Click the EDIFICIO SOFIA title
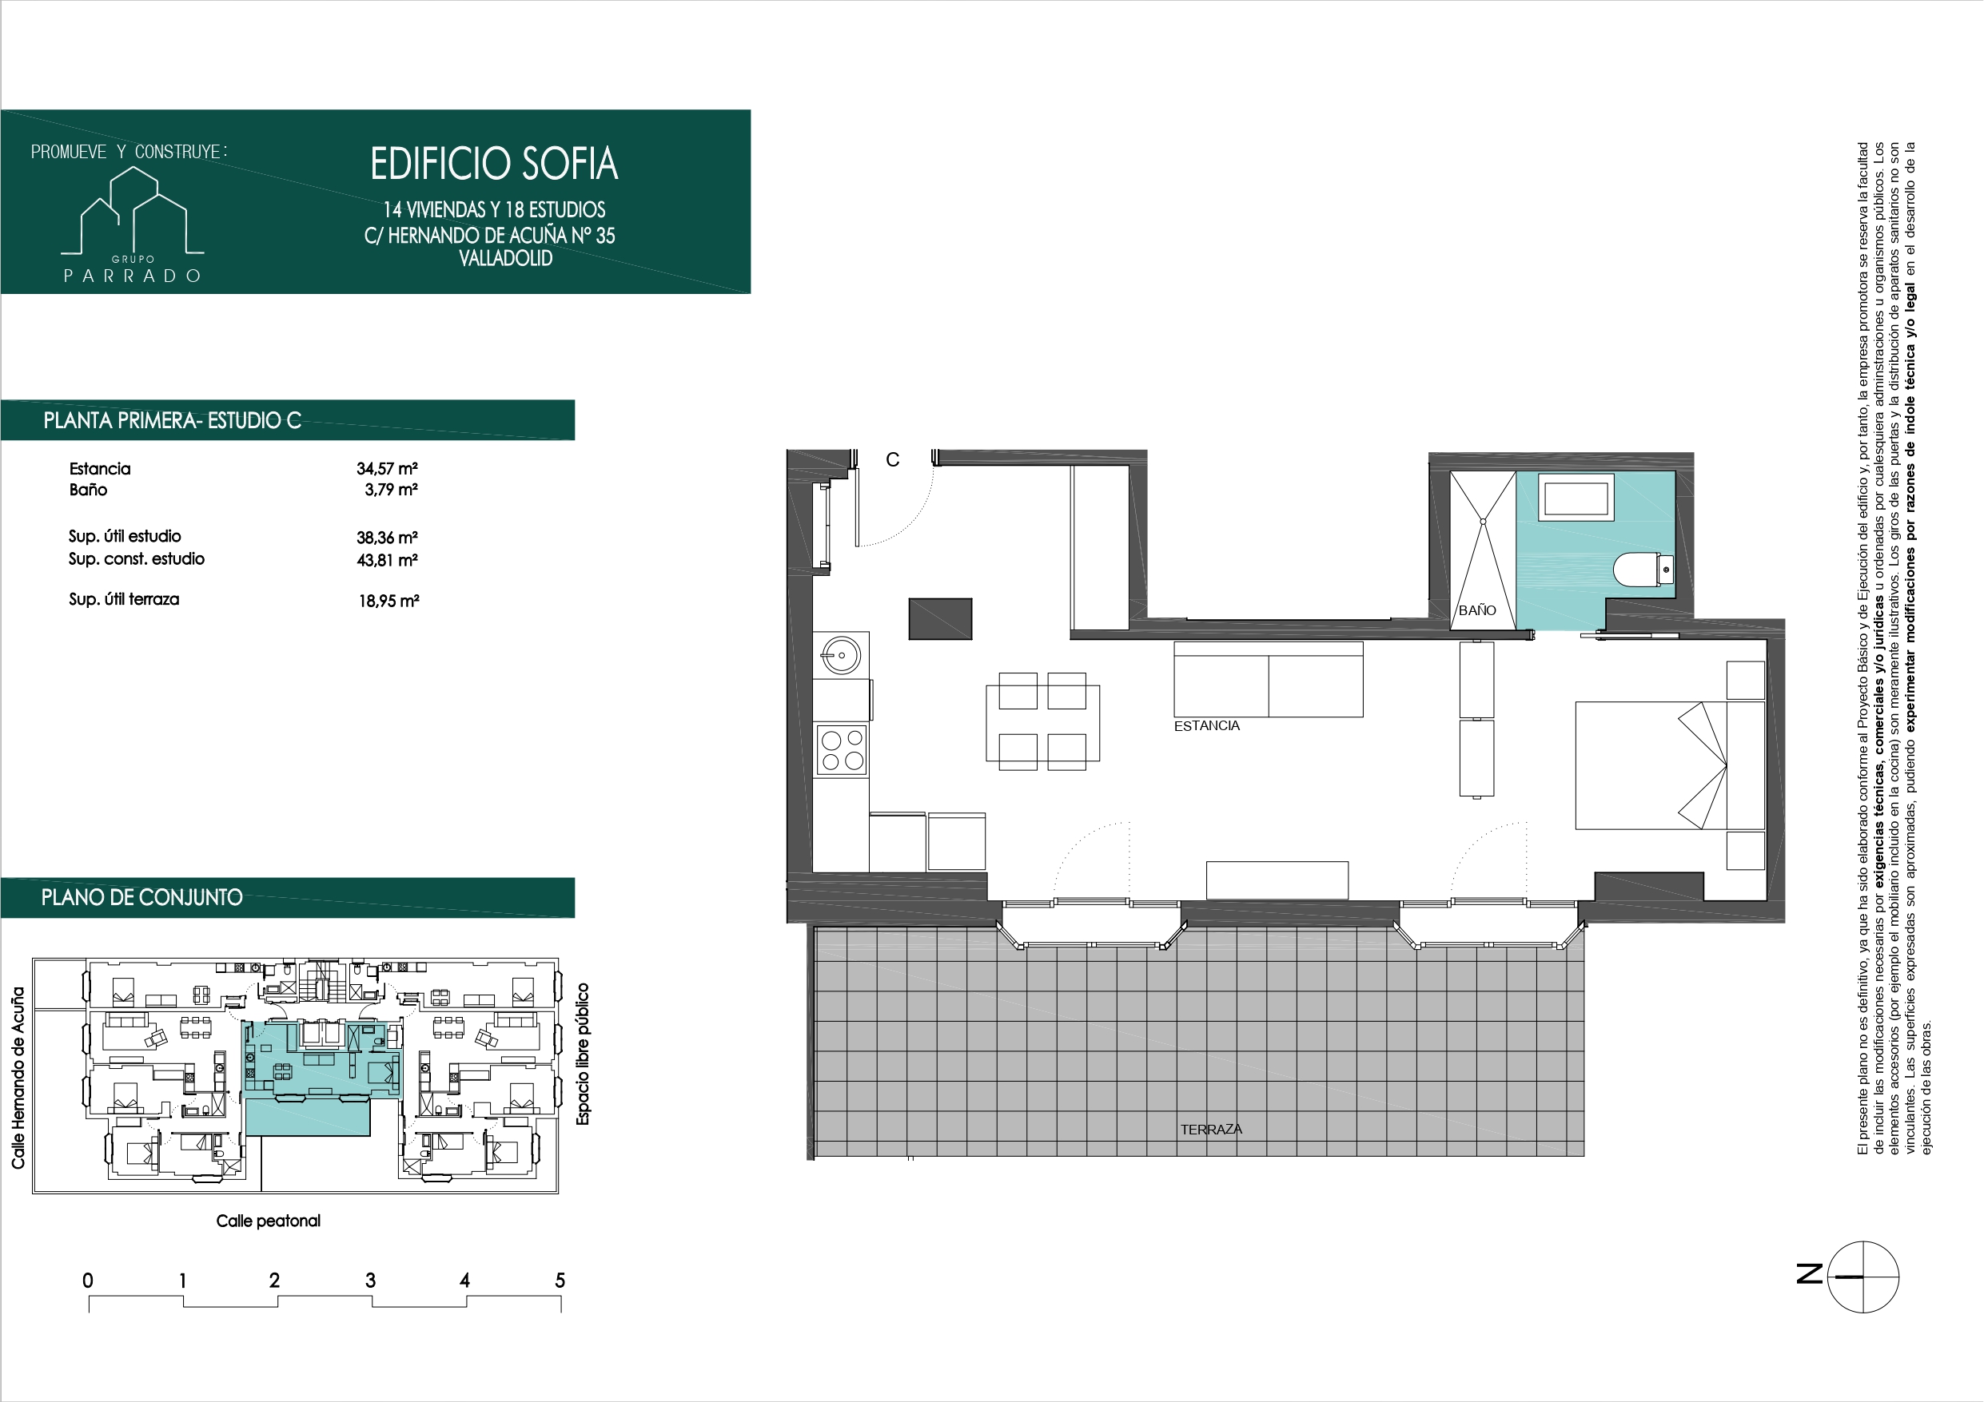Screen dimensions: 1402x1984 [493, 164]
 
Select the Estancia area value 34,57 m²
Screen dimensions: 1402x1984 [387, 469]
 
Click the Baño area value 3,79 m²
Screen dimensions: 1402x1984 [391, 490]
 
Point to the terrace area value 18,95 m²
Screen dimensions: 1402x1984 [388, 602]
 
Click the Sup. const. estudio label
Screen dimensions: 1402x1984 [137, 559]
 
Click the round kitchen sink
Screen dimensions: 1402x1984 [840, 655]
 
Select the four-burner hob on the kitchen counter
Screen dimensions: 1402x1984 [842, 750]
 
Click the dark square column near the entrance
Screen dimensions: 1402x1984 [940, 618]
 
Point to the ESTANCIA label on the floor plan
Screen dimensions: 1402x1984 [1206, 726]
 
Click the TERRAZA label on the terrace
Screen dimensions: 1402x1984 [1210, 1129]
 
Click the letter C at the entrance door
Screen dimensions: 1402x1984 [893, 460]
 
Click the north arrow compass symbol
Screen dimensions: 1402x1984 [1862, 1277]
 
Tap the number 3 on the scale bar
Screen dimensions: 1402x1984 [370, 1281]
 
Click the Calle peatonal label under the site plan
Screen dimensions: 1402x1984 [268, 1221]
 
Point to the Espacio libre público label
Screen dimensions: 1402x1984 [583, 1054]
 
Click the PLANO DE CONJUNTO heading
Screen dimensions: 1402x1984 [141, 898]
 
